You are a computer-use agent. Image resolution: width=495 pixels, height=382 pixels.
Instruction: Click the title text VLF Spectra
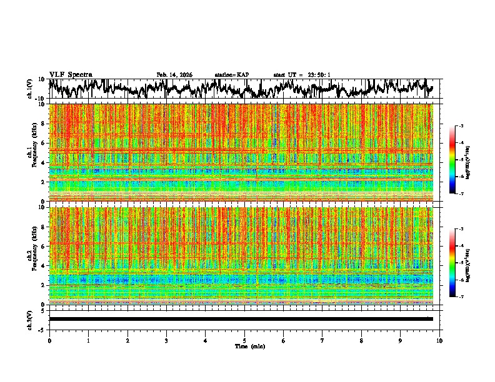pos(71,75)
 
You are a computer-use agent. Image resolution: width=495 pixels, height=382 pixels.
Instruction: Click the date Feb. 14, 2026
pos(174,75)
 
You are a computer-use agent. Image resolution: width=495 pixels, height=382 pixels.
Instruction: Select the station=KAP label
pos(231,75)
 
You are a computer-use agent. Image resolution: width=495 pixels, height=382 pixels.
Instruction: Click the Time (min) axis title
pos(245,346)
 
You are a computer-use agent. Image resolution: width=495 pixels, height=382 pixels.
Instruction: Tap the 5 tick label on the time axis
pos(245,340)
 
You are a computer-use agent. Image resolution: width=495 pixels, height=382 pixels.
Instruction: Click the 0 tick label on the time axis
pos(49,340)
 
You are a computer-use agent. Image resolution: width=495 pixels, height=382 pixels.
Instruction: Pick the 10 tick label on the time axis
pos(439,340)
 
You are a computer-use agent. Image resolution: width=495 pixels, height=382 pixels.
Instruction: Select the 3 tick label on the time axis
pos(167,340)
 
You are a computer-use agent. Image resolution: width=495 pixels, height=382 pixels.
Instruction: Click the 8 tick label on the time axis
pos(362,340)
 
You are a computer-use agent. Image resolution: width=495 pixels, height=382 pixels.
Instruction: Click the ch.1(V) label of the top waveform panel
pos(30,89)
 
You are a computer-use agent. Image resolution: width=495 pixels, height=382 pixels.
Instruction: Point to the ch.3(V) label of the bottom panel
pos(30,319)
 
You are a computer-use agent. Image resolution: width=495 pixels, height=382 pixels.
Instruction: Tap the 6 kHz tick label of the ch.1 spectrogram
pos(42,143)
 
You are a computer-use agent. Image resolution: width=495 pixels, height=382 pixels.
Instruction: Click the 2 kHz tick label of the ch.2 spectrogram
pos(42,285)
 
